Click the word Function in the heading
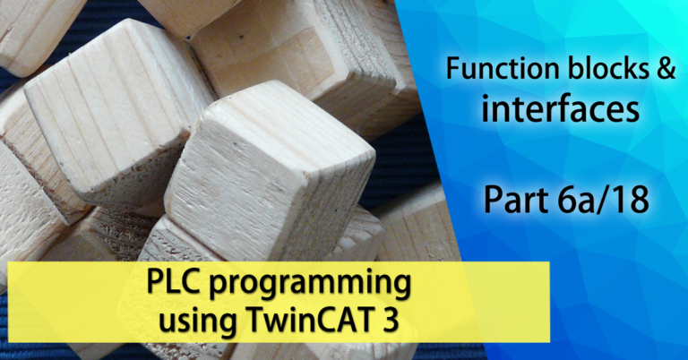(x=499, y=69)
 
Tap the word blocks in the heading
(x=603, y=68)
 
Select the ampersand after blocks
(x=666, y=69)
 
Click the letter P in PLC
(x=155, y=281)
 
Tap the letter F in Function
(x=453, y=69)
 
